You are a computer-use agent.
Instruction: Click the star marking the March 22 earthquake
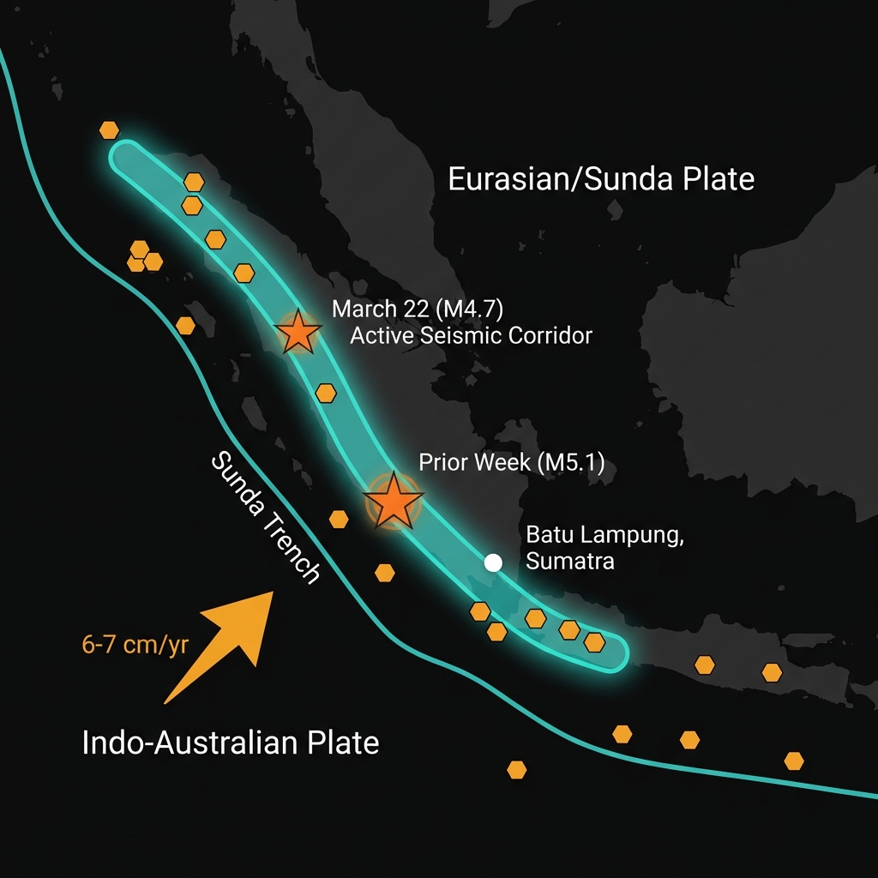(x=298, y=332)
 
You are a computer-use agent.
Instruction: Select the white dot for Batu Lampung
(x=493, y=562)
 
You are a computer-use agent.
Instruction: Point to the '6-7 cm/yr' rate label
(x=135, y=646)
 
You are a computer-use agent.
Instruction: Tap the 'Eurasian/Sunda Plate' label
(x=601, y=179)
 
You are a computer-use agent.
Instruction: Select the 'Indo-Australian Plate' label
(x=230, y=742)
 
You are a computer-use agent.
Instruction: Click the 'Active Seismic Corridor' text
(x=471, y=334)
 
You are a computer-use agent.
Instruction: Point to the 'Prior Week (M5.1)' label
(x=512, y=464)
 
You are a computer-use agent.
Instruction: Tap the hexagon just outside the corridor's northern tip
(x=109, y=130)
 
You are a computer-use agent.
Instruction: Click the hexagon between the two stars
(x=326, y=393)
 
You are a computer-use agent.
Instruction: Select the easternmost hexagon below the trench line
(x=794, y=761)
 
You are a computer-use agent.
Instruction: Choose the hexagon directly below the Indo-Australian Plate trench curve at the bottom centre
(x=516, y=769)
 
